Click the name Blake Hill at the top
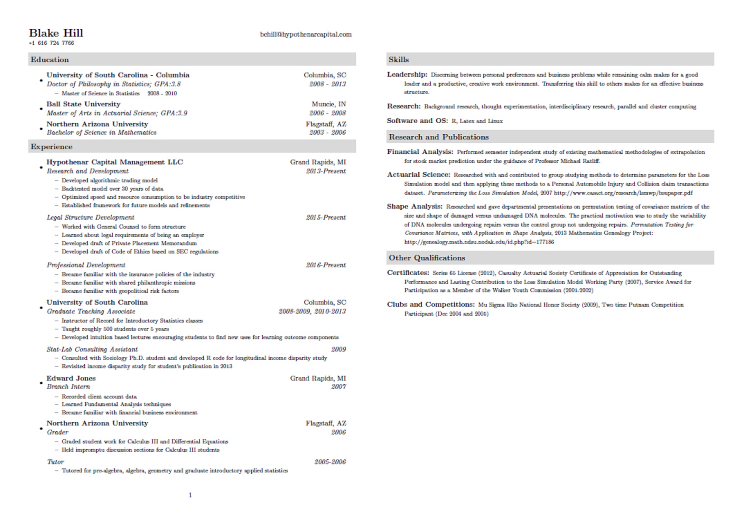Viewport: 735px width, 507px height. (x=56, y=33)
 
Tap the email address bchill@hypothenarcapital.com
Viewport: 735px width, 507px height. (x=306, y=34)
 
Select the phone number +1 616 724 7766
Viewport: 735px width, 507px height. (x=52, y=43)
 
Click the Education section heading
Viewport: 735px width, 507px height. (x=50, y=59)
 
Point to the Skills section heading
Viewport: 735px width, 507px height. (x=399, y=59)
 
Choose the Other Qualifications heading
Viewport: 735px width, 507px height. (x=427, y=258)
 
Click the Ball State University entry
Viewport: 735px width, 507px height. (x=83, y=104)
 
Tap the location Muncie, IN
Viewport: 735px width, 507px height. (x=328, y=104)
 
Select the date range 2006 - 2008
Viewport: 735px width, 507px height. (x=327, y=113)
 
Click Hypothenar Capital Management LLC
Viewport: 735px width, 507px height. (x=114, y=162)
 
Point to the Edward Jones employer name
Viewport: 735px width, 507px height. (x=71, y=378)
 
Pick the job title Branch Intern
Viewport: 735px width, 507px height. (x=68, y=386)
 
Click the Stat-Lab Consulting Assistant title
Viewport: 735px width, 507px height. (x=92, y=349)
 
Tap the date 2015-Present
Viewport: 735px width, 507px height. (x=326, y=217)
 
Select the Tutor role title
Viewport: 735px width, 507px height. (x=55, y=462)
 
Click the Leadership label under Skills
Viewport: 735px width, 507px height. (x=407, y=75)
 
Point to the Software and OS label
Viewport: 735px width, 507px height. (x=417, y=121)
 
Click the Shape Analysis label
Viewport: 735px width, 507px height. (x=414, y=207)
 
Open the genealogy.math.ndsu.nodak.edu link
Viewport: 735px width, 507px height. (x=479, y=242)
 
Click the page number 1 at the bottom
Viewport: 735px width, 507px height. (x=190, y=495)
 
